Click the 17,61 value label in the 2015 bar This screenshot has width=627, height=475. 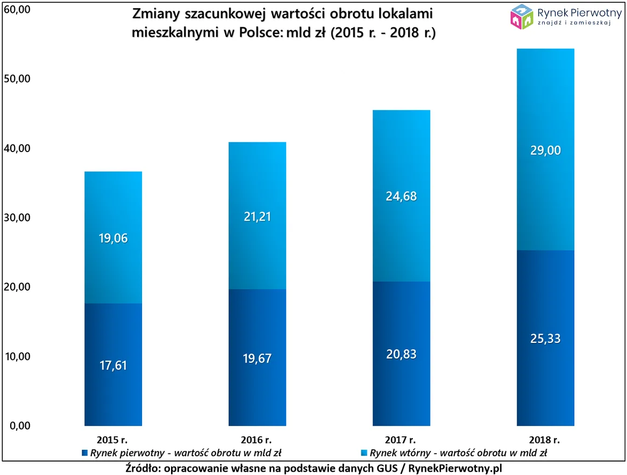tap(113, 365)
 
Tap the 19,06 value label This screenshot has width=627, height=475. tap(113, 238)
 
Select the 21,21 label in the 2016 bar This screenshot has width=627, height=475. tap(257, 217)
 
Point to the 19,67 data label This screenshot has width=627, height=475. tap(257, 359)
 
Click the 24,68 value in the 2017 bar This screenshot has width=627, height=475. tap(402, 196)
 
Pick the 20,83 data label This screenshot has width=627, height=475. tap(402, 354)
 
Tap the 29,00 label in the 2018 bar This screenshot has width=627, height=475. tap(546, 150)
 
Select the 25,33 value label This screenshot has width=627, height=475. tap(546, 339)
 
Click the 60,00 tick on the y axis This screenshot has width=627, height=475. tap(18, 10)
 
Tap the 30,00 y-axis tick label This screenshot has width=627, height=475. tap(18, 218)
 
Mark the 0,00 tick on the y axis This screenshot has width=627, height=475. tap(20, 426)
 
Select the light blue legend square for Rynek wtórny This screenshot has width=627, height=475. tap(364, 452)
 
